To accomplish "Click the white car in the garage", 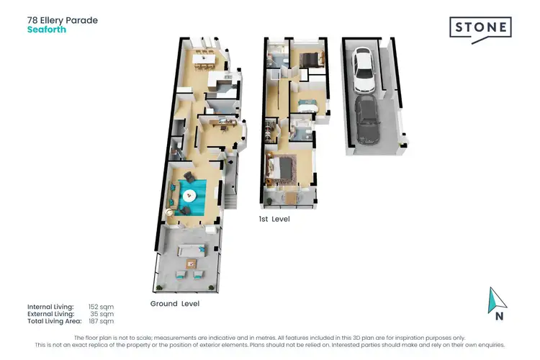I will (x=363, y=65).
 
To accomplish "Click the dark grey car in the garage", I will (x=368, y=120).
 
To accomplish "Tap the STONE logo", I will (x=480, y=28).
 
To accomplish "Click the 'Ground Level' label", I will (x=175, y=304).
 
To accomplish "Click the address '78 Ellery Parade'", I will (x=62, y=20).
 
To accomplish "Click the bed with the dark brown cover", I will (x=310, y=59).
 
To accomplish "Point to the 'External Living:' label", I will (x=50, y=314).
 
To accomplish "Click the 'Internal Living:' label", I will (x=50, y=307).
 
